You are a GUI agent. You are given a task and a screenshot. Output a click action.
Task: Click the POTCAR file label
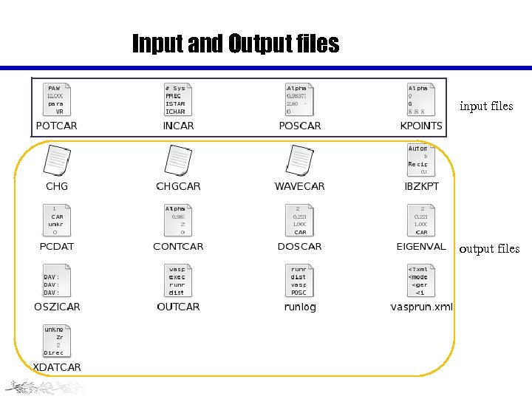[x=56, y=126]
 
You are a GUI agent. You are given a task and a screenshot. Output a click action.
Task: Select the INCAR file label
[x=178, y=126]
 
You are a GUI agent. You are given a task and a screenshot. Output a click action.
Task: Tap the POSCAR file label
[x=300, y=126]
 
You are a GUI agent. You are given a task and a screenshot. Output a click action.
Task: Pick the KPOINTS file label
[x=421, y=126]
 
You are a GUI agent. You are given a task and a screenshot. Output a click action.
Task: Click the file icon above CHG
[x=57, y=160]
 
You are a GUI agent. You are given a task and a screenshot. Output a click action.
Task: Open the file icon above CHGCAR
[x=178, y=160]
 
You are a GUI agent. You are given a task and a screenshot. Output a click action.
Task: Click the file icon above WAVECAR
[x=299, y=160]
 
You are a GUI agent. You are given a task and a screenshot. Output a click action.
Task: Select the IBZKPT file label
[x=421, y=186]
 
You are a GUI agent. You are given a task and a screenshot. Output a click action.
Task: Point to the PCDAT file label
[x=57, y=246]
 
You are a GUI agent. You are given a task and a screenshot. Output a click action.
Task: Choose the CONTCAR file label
[x=178, y=246]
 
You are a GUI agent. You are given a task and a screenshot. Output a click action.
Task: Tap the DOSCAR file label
[x=299, y=246]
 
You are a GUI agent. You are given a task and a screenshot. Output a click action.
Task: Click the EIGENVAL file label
[x=421, y=246]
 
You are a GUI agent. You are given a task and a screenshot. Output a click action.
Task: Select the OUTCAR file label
[x=178, y=307]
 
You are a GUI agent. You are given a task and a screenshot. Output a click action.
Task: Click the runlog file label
[x=299, y=307]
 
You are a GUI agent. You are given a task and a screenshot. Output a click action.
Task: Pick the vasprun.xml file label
[x=421, y=307]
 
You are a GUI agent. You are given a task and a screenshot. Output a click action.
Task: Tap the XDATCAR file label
[x=57, y=367]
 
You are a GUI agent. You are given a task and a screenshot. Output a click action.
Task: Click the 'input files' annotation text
[x=486, y=106]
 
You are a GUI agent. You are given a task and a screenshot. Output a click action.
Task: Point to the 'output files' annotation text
[x=489, y=248]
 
